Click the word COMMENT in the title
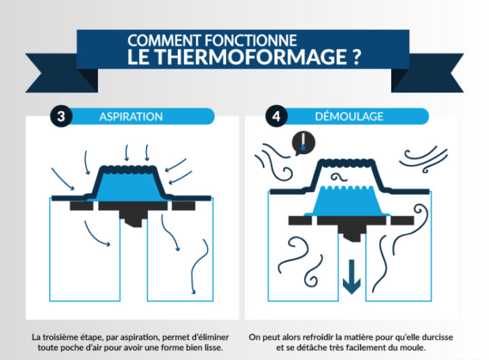[160, 39]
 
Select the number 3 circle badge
[61, 115]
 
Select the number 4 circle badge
[276, 115]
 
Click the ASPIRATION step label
[131, 116]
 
